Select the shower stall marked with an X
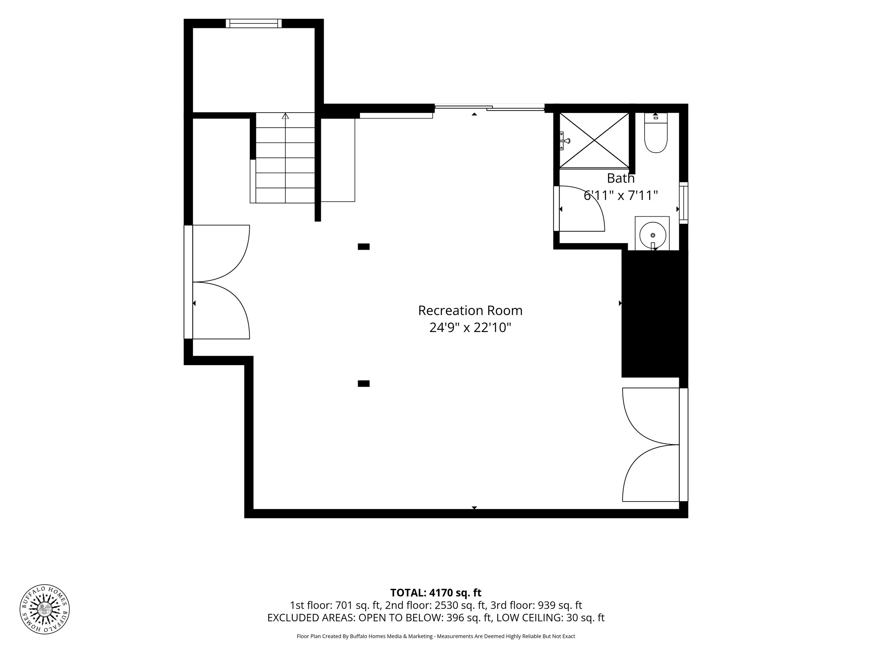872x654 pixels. pyautogui.click(x=594, y=140)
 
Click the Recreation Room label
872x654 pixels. pyautogui.click(x=470, y=311)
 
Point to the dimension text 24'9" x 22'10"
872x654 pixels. pyautogui.click(x=470, y=328)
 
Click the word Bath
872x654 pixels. pyautogui.click(x=621, y=178)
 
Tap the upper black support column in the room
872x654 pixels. pyautogui.click(x=363, y=247)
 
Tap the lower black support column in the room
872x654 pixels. pyautogui.click(x=363, y=384)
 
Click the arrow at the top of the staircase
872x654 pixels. pyautogui.click(x=285, y=116)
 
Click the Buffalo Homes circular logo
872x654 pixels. pyautogui.click(x=45, y=609)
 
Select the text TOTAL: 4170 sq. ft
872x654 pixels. pyautogui.click(x=436, y=593)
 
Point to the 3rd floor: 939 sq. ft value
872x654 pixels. pyautogui.click(x=536, y=605)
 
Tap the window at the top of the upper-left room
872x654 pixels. pyautogui.click(x=254, y=23)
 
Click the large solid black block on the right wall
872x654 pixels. pyautogui.click(x=655, y=314)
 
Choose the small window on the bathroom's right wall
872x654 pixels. pyautogui.click(x=684, y=203)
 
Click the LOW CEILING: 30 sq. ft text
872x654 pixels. pyautogui.click(x=550, y=618)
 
